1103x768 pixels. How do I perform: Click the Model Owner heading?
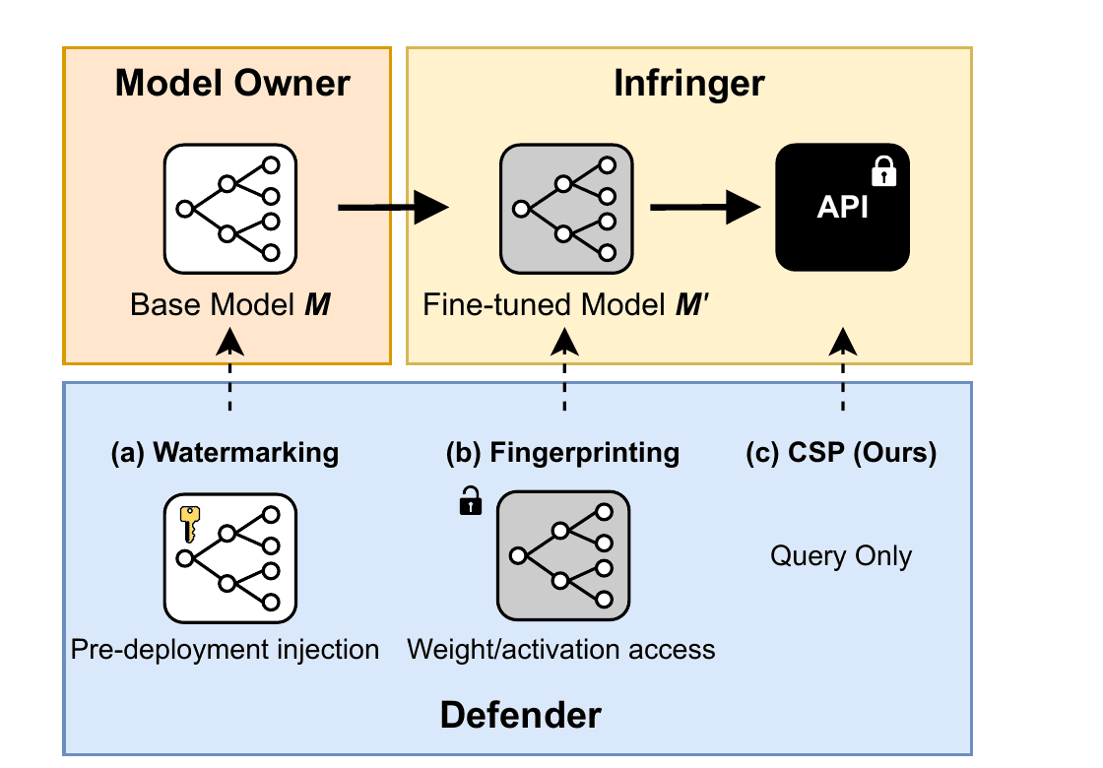(x=232, y=84)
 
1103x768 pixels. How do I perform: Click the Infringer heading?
(x=688, y=84)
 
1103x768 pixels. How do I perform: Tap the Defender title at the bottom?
(x=520, y=714)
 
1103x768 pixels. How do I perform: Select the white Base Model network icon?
(x=230, y=208)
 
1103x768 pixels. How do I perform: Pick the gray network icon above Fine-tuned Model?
(x=566, y=208)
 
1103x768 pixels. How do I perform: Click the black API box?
(x=842, y=208)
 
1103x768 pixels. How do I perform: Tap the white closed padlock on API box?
(x=884, y=172)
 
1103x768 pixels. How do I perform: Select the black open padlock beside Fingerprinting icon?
(x=471, y=503)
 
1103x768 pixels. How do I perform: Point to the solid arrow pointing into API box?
(x=707, y=208)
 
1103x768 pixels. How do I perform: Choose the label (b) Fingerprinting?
(x=562, y=453)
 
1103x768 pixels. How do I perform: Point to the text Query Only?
(x=841, y=556)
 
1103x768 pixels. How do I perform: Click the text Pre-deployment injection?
(x=225, y=650)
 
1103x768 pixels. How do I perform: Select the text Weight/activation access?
(x=561, y=650)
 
